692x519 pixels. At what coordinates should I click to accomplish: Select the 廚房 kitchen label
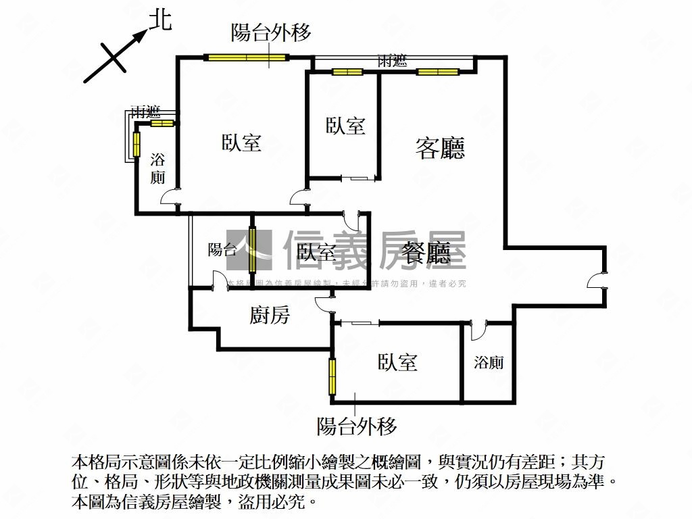[x=270, y=315]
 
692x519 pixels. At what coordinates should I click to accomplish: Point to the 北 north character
[x=160, y=20]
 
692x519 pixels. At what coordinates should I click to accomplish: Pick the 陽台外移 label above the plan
[x=271, y=32]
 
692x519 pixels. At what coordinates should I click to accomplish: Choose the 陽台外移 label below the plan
[x=357, y=426]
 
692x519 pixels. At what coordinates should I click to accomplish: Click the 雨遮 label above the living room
[x=392, y=61]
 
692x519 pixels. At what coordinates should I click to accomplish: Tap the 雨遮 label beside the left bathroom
[x=145, y=112]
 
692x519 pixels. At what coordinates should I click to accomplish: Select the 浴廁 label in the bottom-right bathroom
[x=488, y=363]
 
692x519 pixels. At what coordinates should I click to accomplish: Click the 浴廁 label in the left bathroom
[x=157, y=168]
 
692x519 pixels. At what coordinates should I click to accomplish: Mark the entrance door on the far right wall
[x=597, y=280]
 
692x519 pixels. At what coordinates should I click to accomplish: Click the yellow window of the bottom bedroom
[x=332, y=376]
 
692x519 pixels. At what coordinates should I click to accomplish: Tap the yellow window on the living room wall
[x=437, y=71]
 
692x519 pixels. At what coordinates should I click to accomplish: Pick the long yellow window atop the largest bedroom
[x=247, y=57]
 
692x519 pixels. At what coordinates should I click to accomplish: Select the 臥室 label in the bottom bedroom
[x=397, y=363]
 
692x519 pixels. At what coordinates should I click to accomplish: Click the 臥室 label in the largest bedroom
[x=241, y=143]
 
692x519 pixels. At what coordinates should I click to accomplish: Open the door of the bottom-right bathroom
[x=476, y=331]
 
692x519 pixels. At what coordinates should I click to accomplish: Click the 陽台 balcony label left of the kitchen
[x=222, y=250]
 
